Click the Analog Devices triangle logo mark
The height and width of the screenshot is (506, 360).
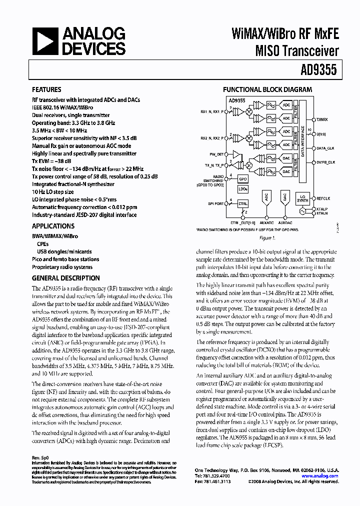point(43,41)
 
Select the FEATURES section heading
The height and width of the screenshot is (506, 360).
point(47,90)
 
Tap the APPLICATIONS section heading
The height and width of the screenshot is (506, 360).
point(53,226)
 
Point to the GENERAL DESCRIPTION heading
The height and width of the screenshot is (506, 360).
point(66,278)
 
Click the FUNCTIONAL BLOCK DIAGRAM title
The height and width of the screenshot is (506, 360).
point(267,89)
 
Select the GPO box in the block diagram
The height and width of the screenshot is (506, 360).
point(243,178)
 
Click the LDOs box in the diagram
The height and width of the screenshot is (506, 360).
point(243,189)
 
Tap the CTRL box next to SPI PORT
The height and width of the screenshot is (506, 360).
point(243,204)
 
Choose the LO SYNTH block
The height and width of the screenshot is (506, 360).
point(302,199)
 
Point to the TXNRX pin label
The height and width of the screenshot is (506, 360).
point(322,120)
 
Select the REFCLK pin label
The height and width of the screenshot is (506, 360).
point(323,198)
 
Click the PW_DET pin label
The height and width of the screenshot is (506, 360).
point(216,154)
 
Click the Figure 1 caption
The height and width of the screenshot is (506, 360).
point(267,238)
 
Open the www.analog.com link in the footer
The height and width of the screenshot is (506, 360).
point(324,476)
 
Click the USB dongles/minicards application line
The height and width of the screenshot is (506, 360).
point(64,251)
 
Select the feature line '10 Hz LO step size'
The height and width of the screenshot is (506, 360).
point(53,191)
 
